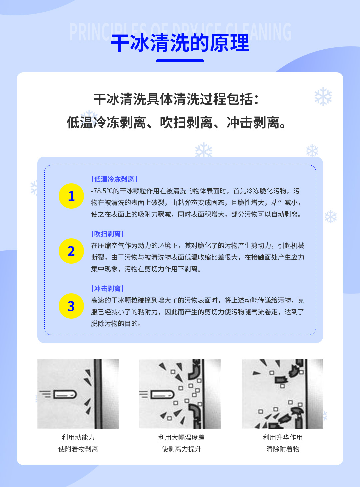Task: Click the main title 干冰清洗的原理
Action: tap(180, 43)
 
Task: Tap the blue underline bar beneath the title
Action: tap(180, 61)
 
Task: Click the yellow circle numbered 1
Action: tap(71, 196)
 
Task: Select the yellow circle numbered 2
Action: tap(71, 251)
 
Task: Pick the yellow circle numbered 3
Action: tap(71, 306)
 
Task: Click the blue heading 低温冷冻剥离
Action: tap(114, 179)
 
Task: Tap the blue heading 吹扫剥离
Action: tap(107, 234)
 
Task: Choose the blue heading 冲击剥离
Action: tap(107, 289)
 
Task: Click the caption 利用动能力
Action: tap(78, 437)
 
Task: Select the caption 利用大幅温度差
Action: tap(181, 437)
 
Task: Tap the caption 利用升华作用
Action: tap(283, 437)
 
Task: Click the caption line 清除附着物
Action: tap(283, 449)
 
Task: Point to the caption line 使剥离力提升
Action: tap(181, 449)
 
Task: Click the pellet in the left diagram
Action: tap(65, 394)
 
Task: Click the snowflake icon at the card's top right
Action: tap(323, 97)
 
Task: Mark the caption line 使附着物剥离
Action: tap(78, 449)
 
